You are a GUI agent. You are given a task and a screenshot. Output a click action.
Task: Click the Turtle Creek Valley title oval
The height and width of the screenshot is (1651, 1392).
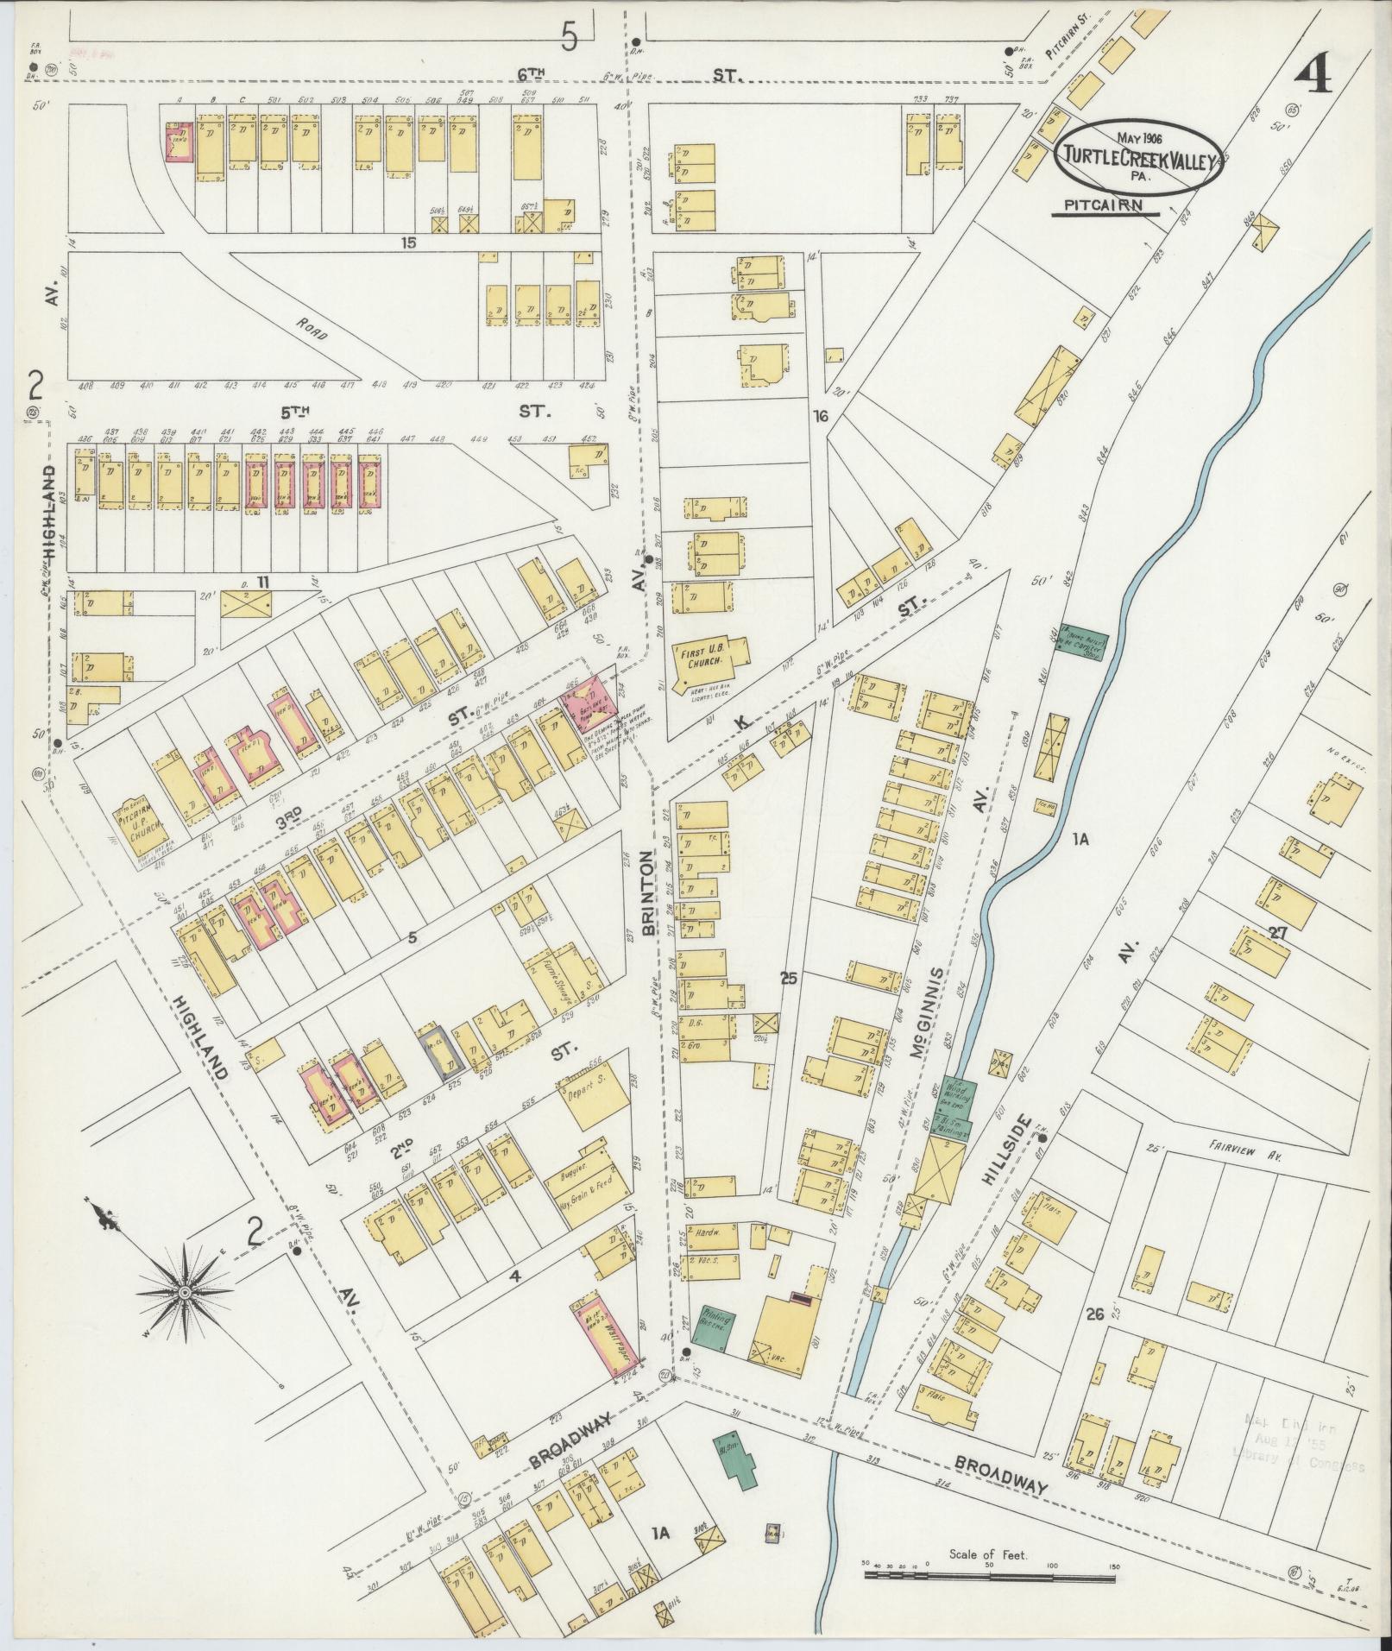point(1138,153)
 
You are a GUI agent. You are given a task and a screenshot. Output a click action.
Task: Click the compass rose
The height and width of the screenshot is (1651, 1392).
point(184,1291)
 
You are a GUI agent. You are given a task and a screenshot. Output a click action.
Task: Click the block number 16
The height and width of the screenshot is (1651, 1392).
point(821,416)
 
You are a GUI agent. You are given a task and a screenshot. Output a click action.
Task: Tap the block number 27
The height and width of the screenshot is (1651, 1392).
point(1278,930)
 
